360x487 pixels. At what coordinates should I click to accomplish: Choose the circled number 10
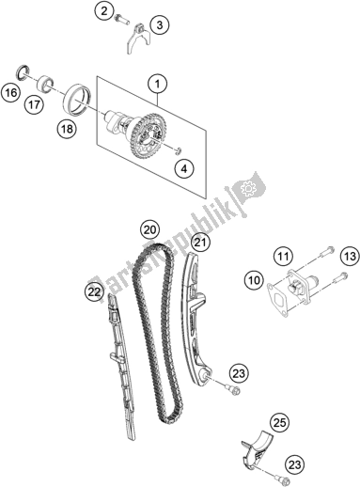[x=254, y=279]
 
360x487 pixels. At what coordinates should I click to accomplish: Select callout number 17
[x=34, y=106]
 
